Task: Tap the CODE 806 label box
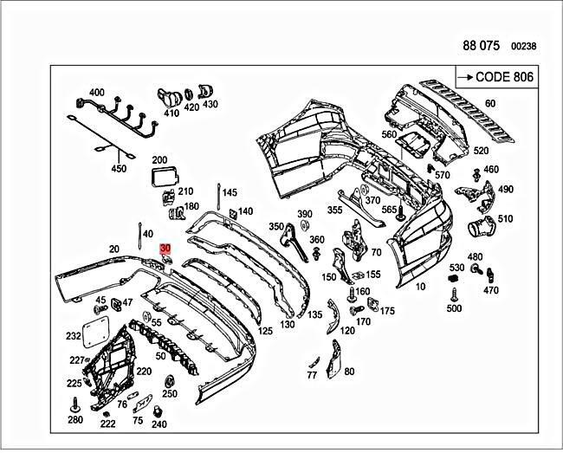pyautogui.click(x=495, y=77)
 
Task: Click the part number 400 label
pyautogui.click(x=96, y=93)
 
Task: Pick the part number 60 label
pyautogui.click(x=490, y=104)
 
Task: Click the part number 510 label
pyautogui.click(x=504, y=219)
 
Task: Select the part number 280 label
pyautogui.click(x=75, y=420)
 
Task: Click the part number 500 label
pyautogui.click(x=454, y=308)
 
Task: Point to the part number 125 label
pyautogui.click(x=265, y=330)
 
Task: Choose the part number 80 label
pyautogui.click(x=349, y=372)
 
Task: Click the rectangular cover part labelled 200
pyautogui.click(x=162, y=178)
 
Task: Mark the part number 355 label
pyautogui.click(x=334, y=210)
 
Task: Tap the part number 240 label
pyautogui.click(x=159, y=424)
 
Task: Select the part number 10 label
pyautogui.click(x=420, y=286)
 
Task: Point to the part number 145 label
pyautogui.click(x=229, y=191)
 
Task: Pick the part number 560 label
pyautogui.click(x=388, y=134)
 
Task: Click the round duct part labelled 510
pyautogui.click(x=480, y=229)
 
